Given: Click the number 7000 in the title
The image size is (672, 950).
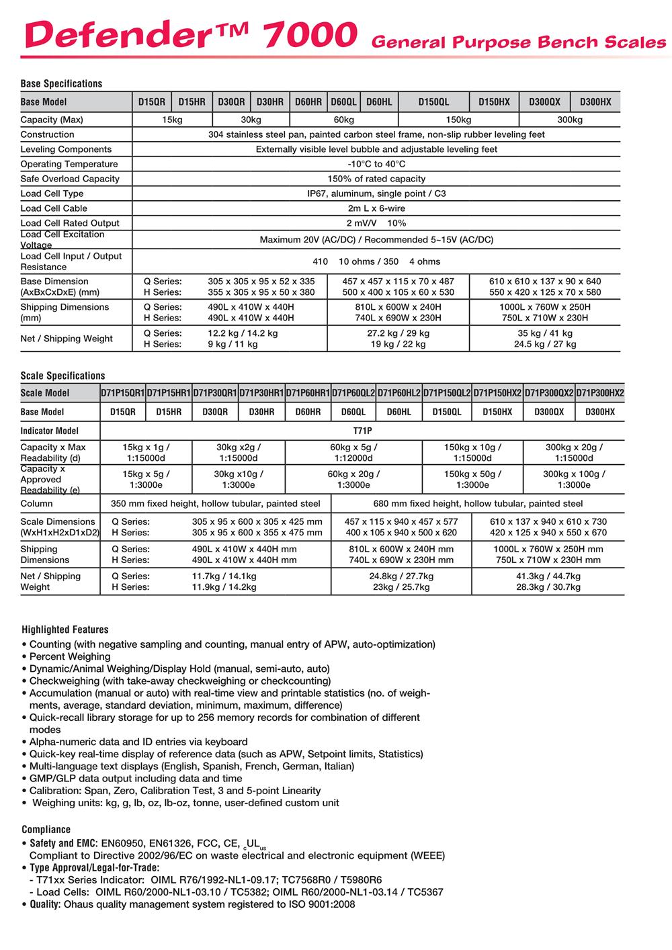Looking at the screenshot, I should [311, 35].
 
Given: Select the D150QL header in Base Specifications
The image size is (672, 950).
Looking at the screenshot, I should [433, 102].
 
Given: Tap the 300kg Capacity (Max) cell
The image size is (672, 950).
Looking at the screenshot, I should [570, 120].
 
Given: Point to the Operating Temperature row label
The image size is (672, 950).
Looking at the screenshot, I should [69, 164].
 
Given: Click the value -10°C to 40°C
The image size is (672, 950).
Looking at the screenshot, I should [376, 164].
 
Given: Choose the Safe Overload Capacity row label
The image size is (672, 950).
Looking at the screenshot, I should [70, 179].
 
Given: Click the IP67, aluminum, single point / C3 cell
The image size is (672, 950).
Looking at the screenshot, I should [376, 193].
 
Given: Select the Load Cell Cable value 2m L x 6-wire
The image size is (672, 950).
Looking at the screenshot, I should [376, 208].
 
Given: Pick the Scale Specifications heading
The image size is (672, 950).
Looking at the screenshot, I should [62, 376].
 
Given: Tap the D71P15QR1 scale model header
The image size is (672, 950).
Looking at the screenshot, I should [122, 393].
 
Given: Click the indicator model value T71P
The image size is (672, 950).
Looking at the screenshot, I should [363, 431].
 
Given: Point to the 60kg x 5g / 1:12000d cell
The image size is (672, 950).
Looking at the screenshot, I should [353, 452].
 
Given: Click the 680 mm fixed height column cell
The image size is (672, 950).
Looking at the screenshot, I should [478, 503].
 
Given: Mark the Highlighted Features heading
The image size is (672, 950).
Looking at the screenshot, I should [65, 630].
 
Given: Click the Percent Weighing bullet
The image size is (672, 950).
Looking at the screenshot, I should [70, 656].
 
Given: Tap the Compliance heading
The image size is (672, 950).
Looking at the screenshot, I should [46, 829].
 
